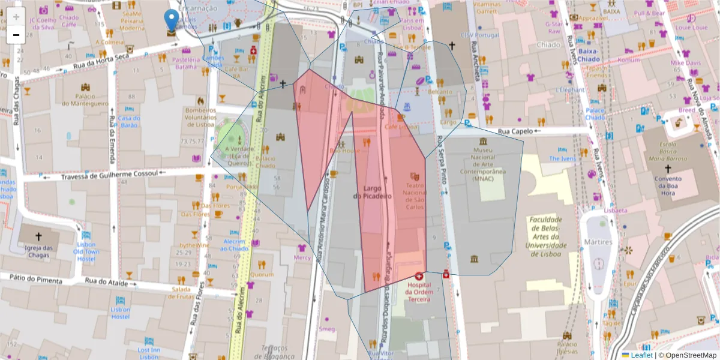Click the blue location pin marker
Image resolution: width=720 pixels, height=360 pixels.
click(x=172, y=20)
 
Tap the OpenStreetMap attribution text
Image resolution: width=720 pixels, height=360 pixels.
click(x=691, y=355)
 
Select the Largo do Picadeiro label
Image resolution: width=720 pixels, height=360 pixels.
click(x=372, y=192)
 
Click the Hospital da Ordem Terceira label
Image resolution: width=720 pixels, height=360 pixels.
click(x=419, y=287)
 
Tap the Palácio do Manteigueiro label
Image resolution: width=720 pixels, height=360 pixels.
click(x=85, y=100)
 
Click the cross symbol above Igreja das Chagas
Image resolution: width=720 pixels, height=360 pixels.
click(x=39, y=236)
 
